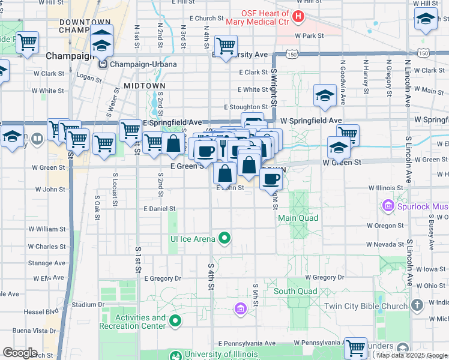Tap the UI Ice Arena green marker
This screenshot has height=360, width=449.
coord(224,239)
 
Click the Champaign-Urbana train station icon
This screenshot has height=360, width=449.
coord(103,64)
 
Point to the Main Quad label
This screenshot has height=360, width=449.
coord(298,218)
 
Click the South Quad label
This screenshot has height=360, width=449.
coord(295,291)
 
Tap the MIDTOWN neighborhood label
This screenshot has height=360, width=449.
coord(144,86)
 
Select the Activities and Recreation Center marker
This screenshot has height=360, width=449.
coord(175,322)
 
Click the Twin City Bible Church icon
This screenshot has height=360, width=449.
coord(418,305)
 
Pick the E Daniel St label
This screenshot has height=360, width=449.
coord(159,209)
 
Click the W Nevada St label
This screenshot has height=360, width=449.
coord(385,244)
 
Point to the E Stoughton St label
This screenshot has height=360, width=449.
coord(245,107)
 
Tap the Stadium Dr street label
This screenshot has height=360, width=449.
coord(84,304)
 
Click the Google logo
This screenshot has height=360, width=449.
coord(20,353)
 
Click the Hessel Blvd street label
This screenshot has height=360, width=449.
coord(44,311)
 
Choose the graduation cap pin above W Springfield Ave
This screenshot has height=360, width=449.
coord(325,95)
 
